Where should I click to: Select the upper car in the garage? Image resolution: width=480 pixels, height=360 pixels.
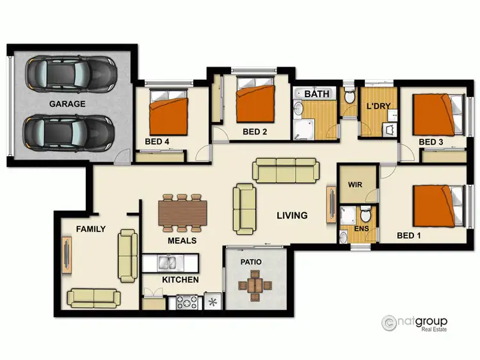point(70,74)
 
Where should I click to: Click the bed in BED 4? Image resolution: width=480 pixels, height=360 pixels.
point(169,113)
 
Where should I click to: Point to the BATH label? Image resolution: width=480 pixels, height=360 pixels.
point(317,94)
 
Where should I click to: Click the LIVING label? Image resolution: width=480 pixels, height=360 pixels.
point(292,215)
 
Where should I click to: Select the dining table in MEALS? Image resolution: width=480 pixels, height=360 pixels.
point(183,212)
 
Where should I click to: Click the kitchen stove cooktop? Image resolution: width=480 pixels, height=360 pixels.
point(186,302)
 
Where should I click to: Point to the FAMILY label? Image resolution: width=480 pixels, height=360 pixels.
point(91,229)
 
